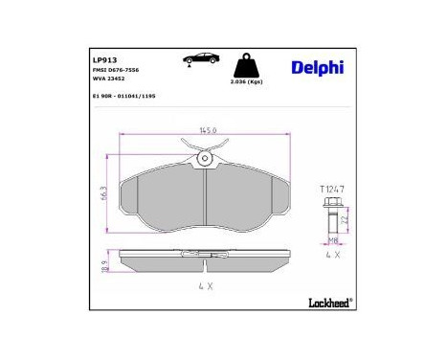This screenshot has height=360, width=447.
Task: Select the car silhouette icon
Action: [x=197, y=60]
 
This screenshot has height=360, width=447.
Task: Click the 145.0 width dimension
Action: [x=206, y=132]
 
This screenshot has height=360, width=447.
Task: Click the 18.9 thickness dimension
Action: [x=106, y=264]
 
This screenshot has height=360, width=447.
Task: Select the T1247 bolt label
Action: [x=331, y=190]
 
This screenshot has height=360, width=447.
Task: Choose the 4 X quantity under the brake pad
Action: [x=205, y=286]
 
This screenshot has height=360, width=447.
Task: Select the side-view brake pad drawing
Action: [x=205, y=263]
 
